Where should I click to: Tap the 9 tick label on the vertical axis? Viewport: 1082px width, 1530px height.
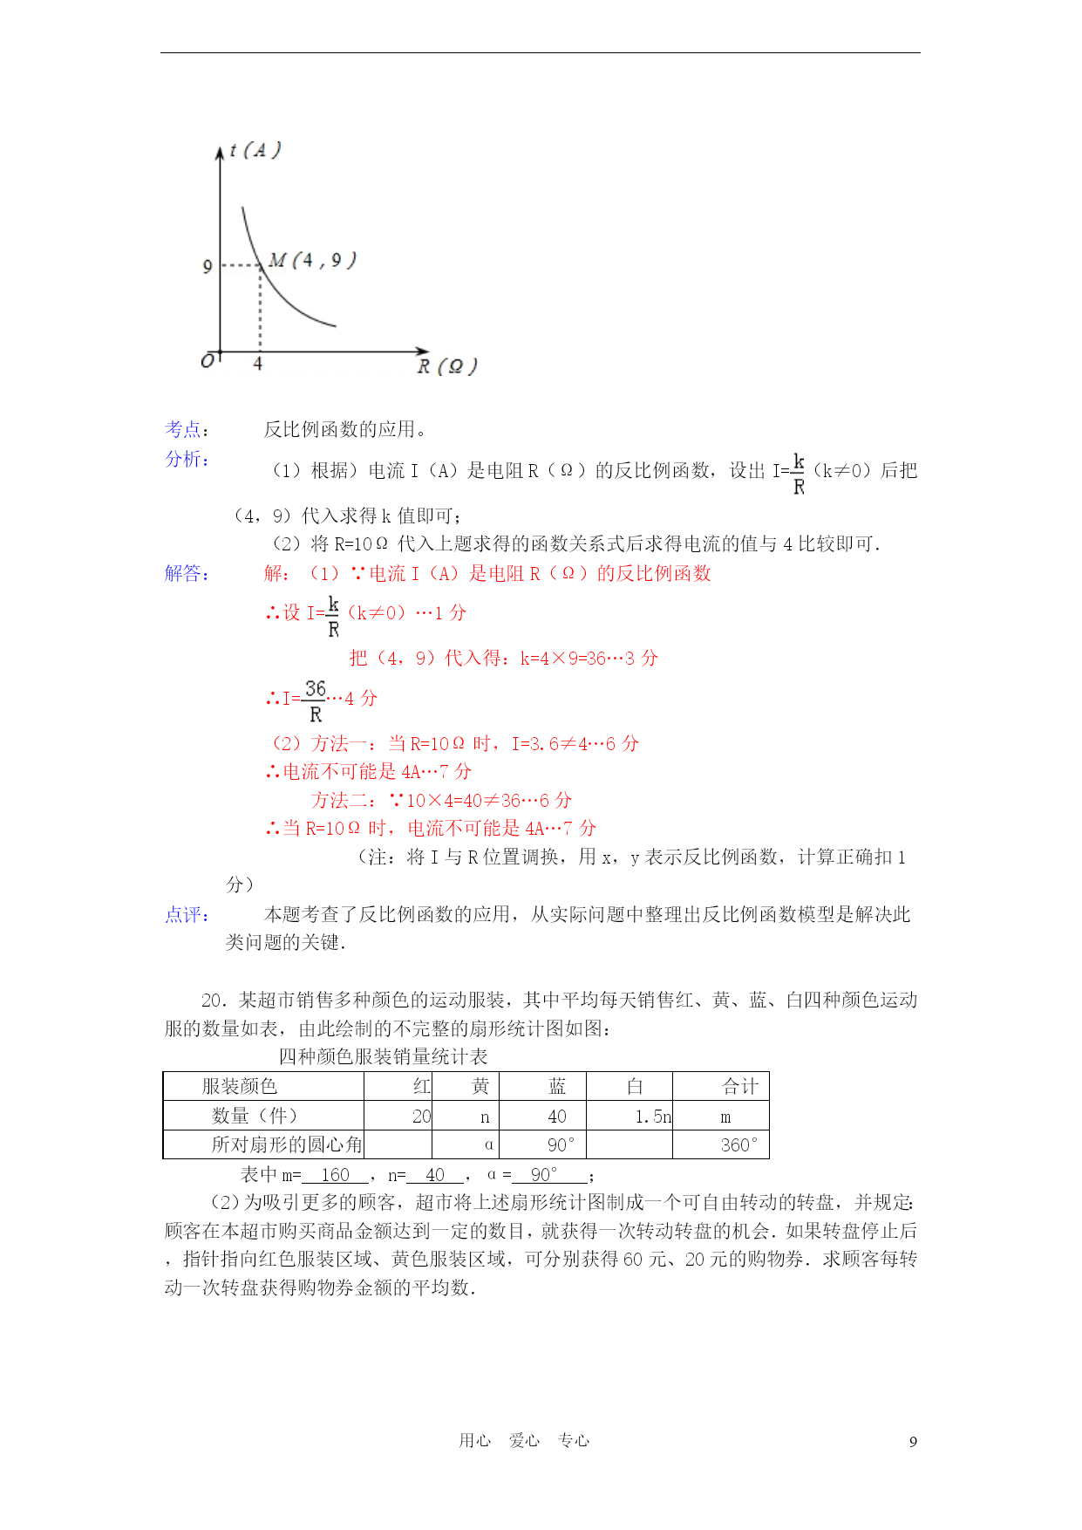208,266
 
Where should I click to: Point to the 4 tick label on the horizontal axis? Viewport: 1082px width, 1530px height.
258,364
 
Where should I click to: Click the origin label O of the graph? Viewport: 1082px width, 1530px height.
208,361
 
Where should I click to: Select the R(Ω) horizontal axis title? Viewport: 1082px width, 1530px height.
446,366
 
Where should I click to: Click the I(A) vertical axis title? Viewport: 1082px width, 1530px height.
255,150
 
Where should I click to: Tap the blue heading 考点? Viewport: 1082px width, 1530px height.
187,429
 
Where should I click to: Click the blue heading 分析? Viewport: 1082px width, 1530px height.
187,459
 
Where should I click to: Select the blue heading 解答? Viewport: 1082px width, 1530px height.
187,573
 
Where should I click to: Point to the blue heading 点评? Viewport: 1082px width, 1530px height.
187,914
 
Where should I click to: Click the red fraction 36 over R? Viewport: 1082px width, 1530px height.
316,700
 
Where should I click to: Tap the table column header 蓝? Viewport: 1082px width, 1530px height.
557,1086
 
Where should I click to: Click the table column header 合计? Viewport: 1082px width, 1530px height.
740,1086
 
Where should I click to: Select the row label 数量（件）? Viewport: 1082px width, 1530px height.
255,1116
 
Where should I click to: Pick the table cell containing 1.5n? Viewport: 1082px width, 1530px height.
652,1117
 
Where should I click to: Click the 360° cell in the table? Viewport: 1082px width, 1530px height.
739,1144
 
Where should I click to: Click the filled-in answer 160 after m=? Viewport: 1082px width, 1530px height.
335,1175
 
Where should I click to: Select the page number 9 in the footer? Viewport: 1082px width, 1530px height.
913,1441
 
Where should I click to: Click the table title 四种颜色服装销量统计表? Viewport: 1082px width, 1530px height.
383,1057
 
